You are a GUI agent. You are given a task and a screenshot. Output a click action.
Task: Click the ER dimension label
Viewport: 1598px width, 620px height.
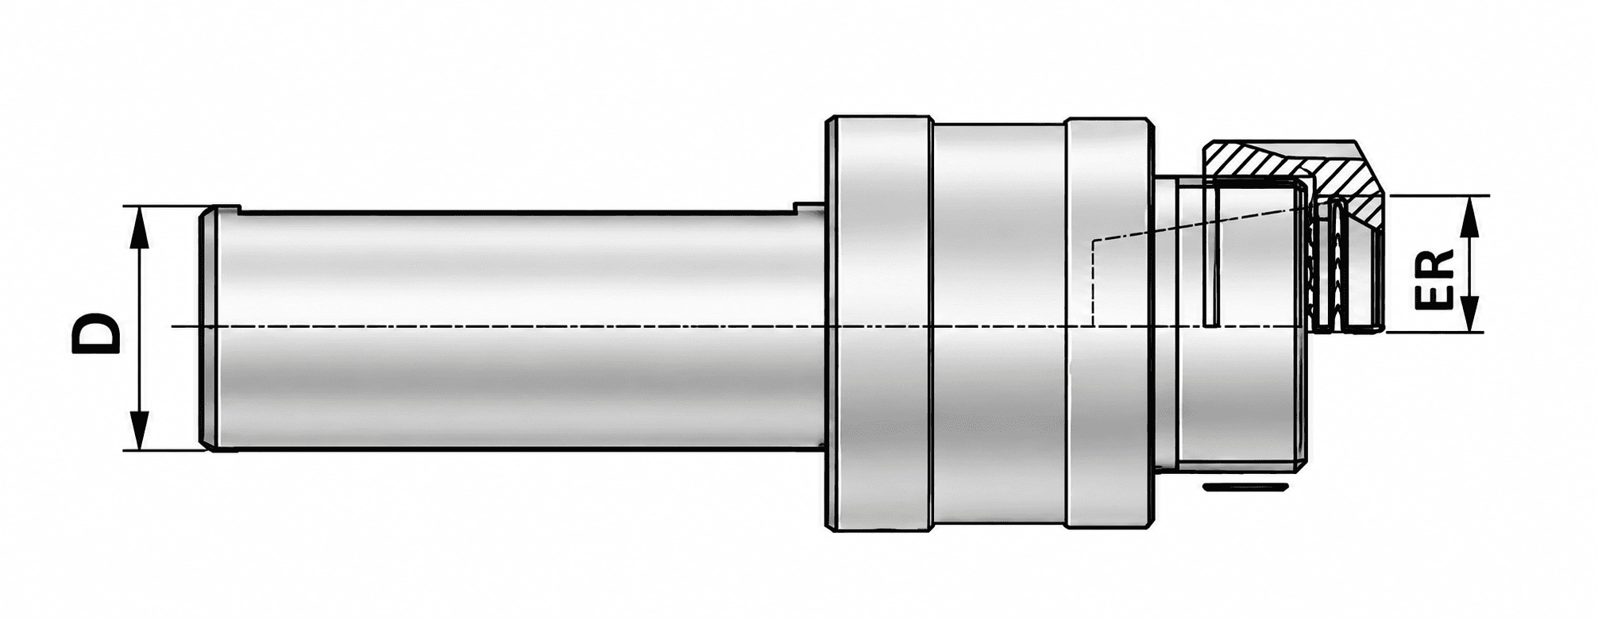tap(1434, 279)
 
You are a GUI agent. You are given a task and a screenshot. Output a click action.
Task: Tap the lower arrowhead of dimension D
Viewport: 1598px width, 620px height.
tap(140, 429)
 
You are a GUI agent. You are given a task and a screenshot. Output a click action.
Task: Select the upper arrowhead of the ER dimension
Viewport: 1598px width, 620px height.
tap(1470, 217)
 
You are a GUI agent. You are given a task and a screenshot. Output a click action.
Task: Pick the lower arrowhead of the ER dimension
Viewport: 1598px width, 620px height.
tap(1470, 312)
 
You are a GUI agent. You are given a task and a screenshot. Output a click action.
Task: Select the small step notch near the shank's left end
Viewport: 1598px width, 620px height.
tap(230, 210)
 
